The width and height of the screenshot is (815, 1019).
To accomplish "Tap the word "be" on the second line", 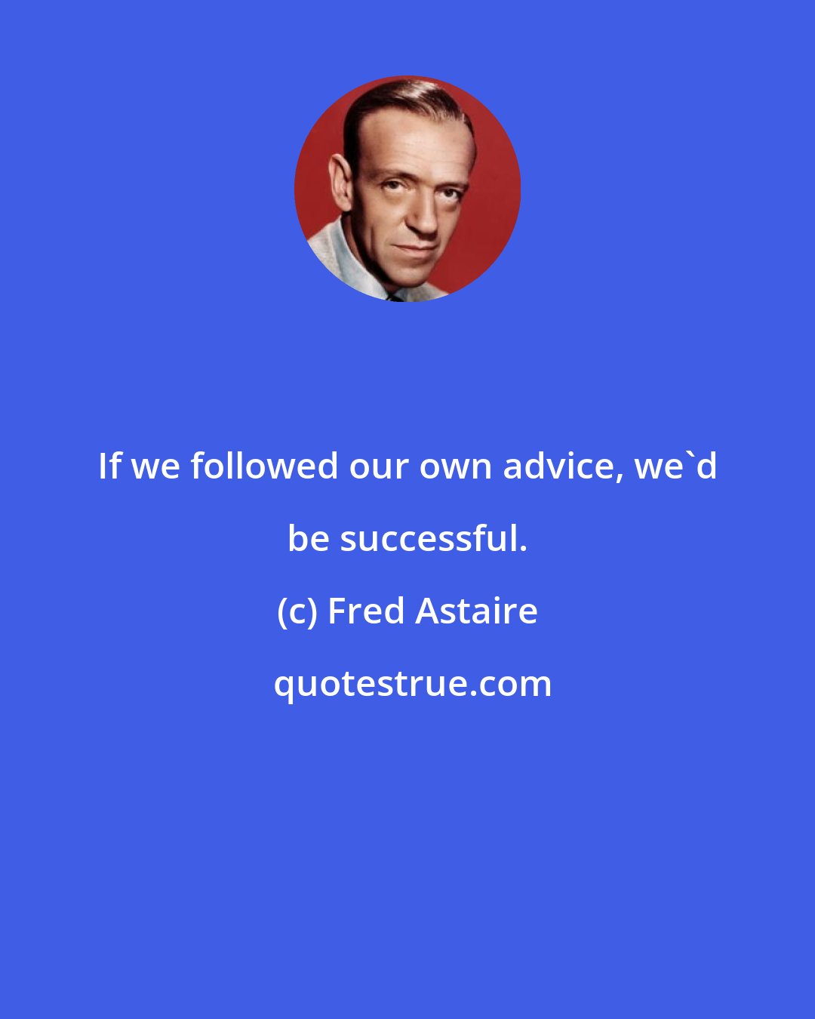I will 309,538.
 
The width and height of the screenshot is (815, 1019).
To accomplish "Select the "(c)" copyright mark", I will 297,611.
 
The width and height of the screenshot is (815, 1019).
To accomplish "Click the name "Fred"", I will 366,611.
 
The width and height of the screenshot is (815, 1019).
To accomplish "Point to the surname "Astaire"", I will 476,611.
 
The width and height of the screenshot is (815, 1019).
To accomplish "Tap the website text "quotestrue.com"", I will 412,684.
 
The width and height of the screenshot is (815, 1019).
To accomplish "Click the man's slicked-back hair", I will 392,102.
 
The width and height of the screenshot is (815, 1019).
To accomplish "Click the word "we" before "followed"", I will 156,467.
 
